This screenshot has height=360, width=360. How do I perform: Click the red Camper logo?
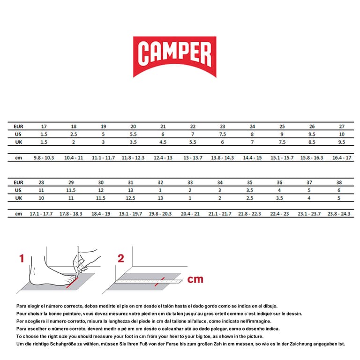pos(174,56)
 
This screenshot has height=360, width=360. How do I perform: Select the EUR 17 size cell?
pos(44,127)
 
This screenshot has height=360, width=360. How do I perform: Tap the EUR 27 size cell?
pos(342,127)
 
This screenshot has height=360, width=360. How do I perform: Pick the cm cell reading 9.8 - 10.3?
pos(44,158)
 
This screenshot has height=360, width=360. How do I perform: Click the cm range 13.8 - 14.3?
pos(223,158)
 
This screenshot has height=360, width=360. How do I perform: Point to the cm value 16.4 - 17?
pos(342,158)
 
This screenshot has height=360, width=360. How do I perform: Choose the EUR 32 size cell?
pos(161,182)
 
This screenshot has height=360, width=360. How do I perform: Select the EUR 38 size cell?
pos(339,182)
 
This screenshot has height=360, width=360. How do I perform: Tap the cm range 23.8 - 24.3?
pos(339,214)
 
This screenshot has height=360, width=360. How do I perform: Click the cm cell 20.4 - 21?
pos(190,214)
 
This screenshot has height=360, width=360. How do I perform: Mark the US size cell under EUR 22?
pos(193,134)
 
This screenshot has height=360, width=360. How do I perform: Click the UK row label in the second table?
pos(18,198)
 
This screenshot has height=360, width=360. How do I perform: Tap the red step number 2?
pos(120,258)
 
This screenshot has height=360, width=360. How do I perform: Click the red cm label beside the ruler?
pos(195,279)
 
